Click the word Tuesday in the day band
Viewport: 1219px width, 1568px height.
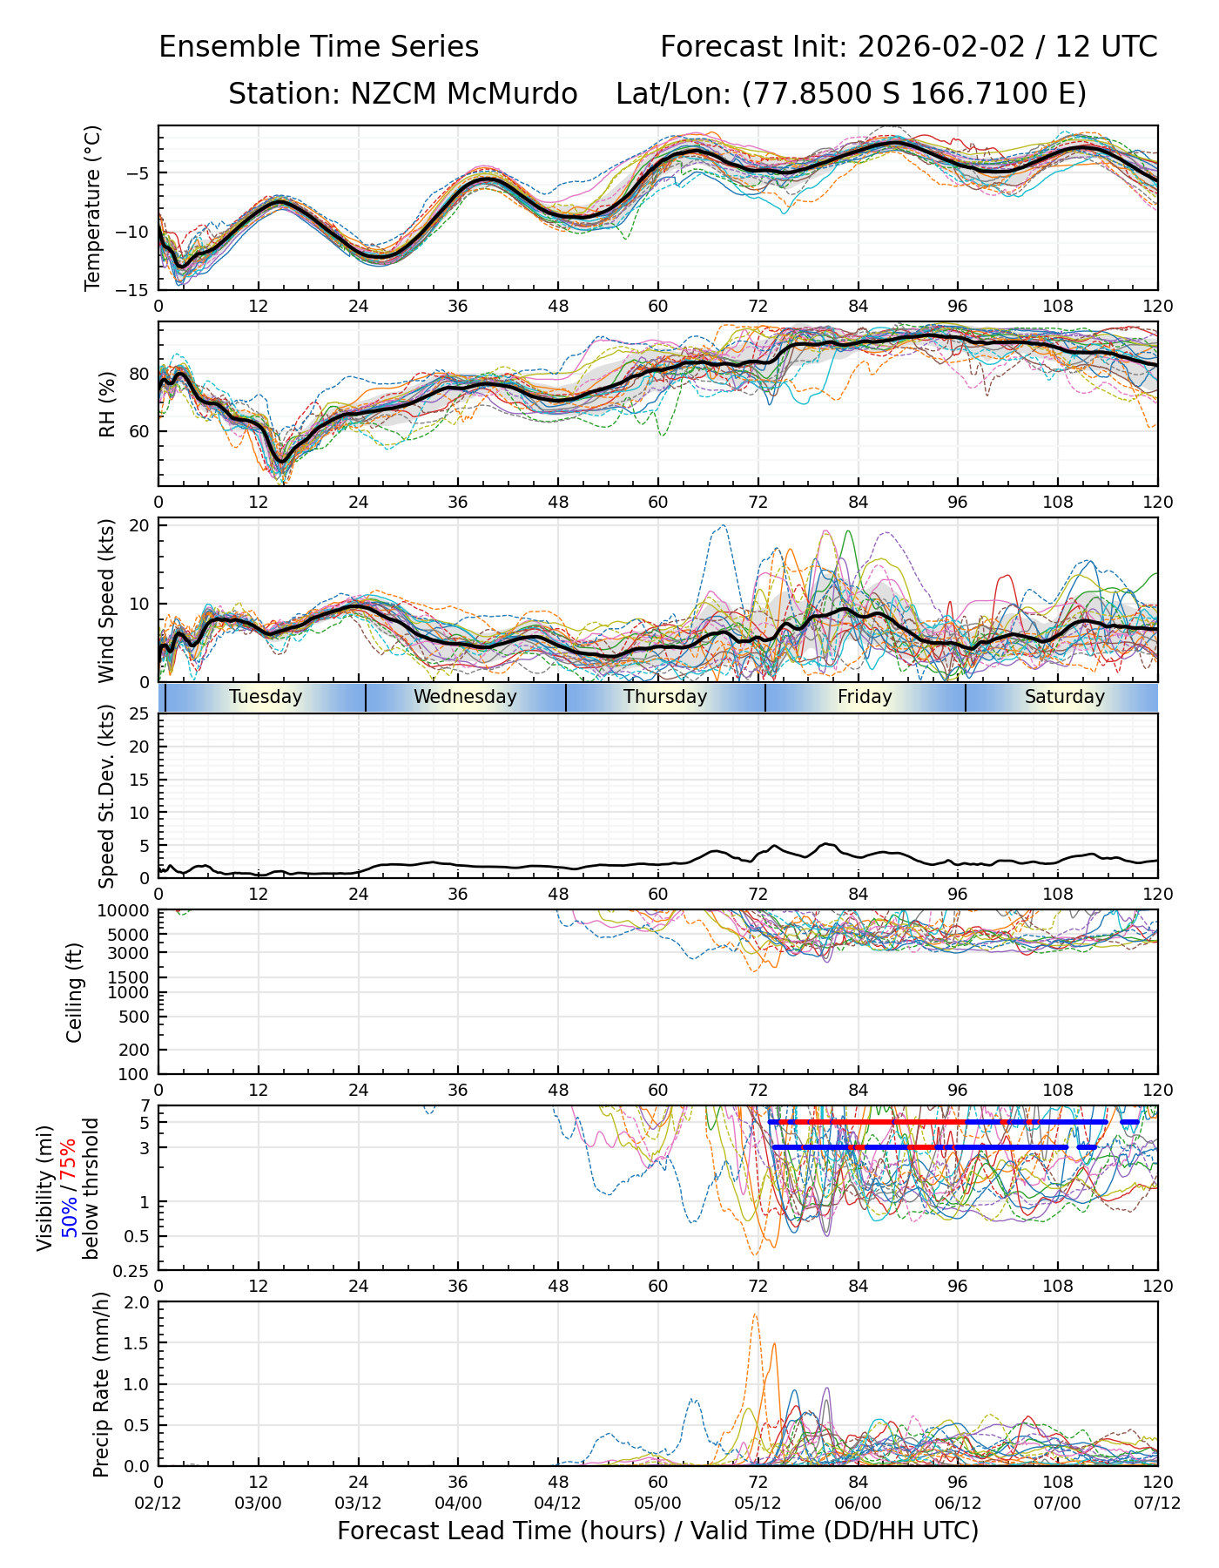[266, 697]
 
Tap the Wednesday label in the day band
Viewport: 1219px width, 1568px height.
[465, 697]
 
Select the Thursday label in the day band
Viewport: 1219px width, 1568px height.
[665, 697]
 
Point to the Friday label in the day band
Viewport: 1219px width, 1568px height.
[865, 697]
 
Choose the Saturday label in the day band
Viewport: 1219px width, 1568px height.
[1064, 697]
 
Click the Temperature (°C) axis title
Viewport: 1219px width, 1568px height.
[93, 207]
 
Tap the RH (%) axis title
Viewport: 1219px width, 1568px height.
[107, 403]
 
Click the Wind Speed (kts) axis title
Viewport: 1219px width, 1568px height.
[107, 600]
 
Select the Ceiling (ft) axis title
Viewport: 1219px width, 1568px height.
[75, 992]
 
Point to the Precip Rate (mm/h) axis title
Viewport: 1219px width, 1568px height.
[101, 1383]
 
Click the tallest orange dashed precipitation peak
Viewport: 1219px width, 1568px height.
[755, 1315]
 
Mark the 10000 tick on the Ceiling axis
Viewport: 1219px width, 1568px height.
[126, 911]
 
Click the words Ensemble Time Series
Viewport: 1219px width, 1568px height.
[319, 47]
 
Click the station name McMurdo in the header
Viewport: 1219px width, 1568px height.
[512, 94]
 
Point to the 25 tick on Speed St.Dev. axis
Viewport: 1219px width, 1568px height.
[140, 714]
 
